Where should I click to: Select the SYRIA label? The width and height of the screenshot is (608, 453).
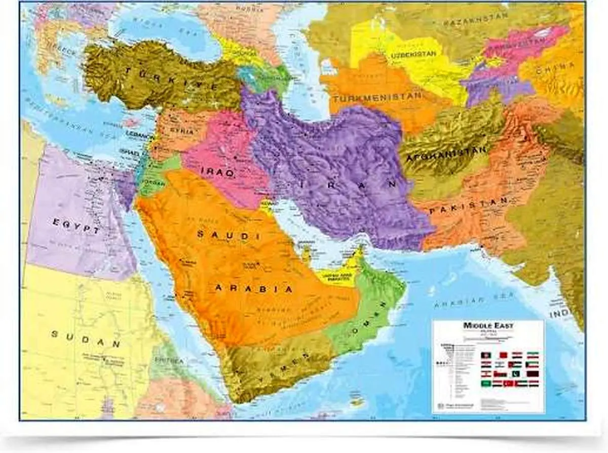coord(182,131)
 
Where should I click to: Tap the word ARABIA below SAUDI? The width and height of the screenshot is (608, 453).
coord(254,289)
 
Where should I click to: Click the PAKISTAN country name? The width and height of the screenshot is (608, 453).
coord(469,208)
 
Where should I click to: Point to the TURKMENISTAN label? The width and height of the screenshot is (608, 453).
coord(377,96)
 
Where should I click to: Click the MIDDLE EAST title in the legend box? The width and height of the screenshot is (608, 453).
coord(488,326)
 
